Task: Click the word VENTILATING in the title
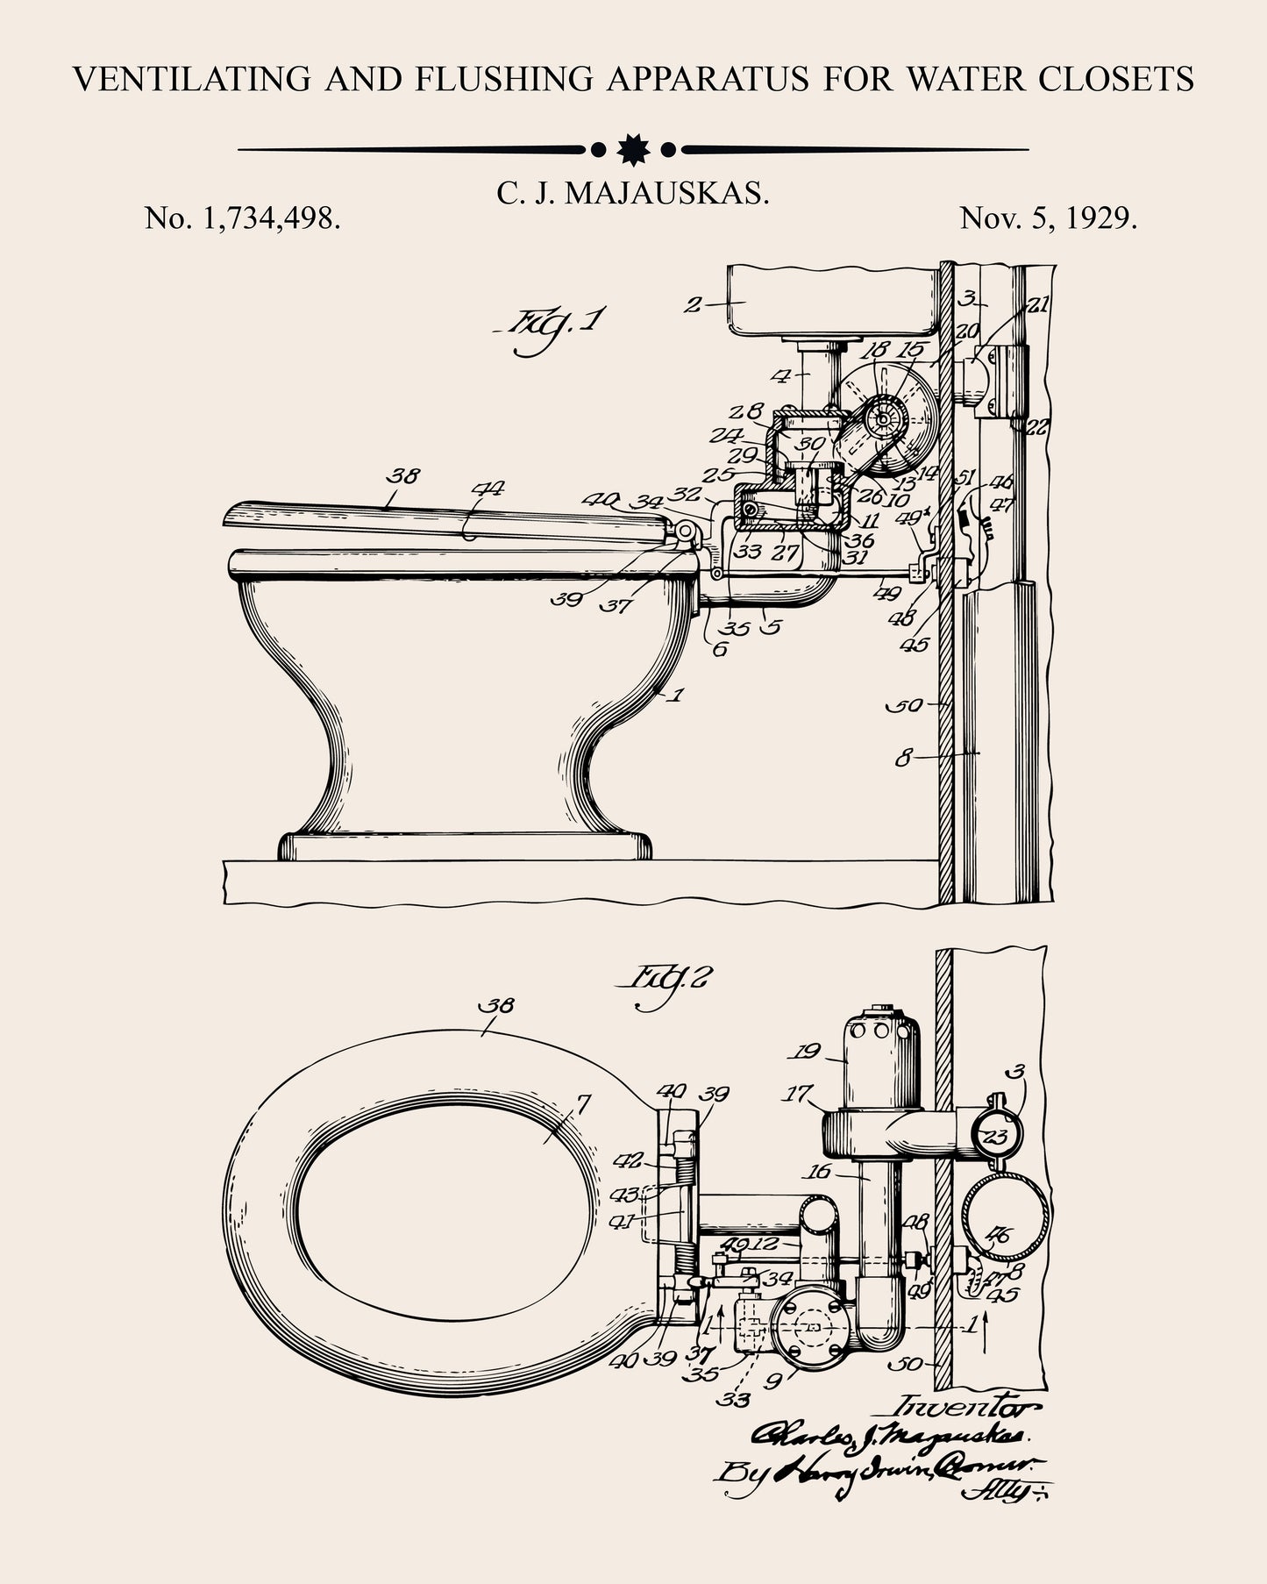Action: [x=190, y=79]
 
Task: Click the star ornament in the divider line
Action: [x=633, y=150]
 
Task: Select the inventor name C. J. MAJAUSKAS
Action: [x=633, y=194]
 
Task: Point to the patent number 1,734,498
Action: [x=271, y=218]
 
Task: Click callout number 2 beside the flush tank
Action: [x=693, y=305]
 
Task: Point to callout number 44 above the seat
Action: [x=481, y=490]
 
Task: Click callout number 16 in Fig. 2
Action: [x=818, y=1171]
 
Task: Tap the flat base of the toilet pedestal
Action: [x=465, y=847]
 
